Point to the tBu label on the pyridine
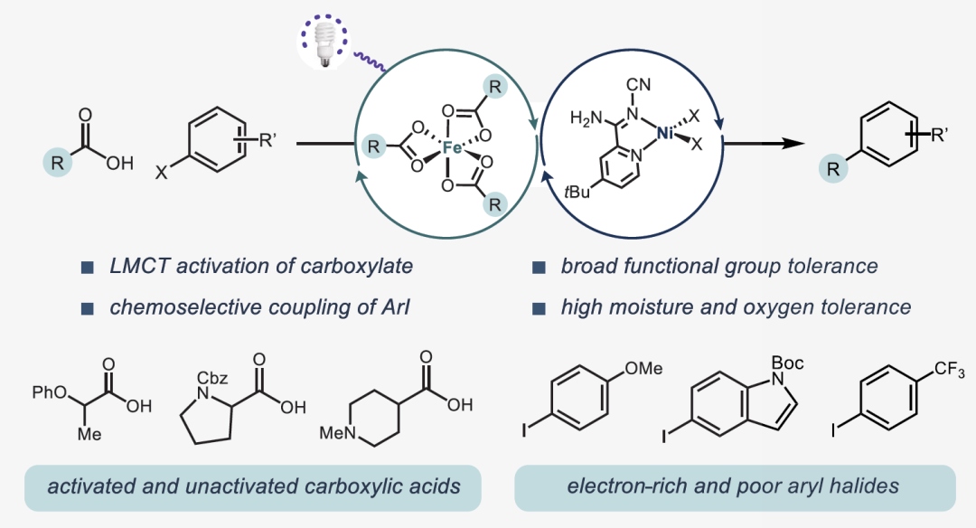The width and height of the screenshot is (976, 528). coord(580,193)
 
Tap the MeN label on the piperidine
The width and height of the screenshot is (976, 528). coord(338,433)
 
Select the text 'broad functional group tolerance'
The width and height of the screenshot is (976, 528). coord(719,266)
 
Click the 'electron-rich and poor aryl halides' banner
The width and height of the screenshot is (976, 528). coord(734,486)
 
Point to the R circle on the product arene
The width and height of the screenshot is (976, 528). coord(836,168)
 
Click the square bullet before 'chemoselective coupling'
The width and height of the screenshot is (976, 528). coord(88,307)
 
